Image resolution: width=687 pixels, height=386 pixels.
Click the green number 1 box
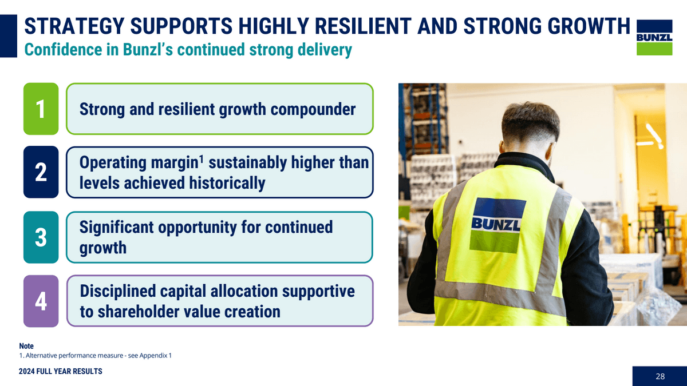point(41,109)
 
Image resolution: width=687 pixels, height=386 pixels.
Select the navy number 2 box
point(41,172)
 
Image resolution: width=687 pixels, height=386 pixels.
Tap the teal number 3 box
point(41,237)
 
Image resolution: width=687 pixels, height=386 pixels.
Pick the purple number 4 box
point(41,301)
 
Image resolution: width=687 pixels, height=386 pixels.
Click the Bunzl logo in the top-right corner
point(654,37)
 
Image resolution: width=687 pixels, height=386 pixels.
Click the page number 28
point(660,376)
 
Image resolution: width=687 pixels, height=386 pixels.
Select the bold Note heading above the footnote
point(26,346)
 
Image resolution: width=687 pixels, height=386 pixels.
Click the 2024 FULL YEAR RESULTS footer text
point(60,372)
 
